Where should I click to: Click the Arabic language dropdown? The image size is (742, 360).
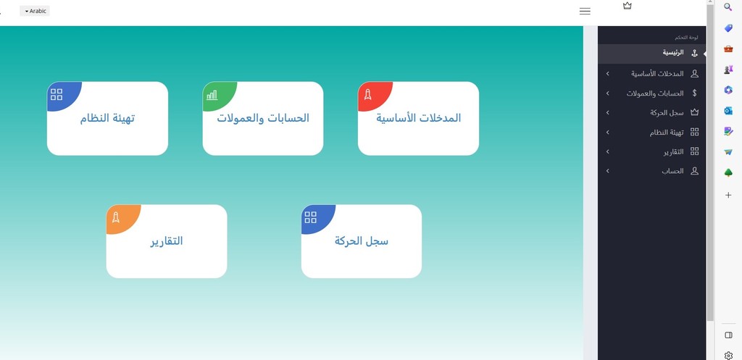click(x=35, y=11)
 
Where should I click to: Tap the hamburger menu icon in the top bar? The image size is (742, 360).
click(x=585, y=12)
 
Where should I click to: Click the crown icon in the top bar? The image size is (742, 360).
click(x=628, y=6)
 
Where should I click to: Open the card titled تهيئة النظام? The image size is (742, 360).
click(x=107, y=118)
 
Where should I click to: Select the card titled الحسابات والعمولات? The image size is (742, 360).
click(x=263, y=118)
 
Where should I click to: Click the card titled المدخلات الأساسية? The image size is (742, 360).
click(x=418, y=118)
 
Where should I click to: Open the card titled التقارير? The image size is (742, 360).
click(x=167, y=241)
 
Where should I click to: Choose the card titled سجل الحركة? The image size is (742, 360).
click(x=362, y=241)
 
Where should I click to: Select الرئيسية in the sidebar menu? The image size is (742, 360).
click(x=673, y=53)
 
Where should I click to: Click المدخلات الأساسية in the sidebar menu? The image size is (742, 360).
click(x=657, y=74)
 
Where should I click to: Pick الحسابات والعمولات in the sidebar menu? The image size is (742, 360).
click(x=655, y=93)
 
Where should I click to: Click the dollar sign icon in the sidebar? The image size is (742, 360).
click(x=695, y=93)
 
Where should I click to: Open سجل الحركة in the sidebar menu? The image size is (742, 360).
click(x=667, y=112)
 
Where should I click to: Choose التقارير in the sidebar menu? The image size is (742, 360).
click(x=673, y=152)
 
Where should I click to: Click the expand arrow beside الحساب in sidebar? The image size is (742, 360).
click(x=608, y=171)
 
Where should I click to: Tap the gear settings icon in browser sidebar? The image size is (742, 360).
click(x=729, y=355)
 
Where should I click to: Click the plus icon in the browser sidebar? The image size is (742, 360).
click(x=728, y=195)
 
